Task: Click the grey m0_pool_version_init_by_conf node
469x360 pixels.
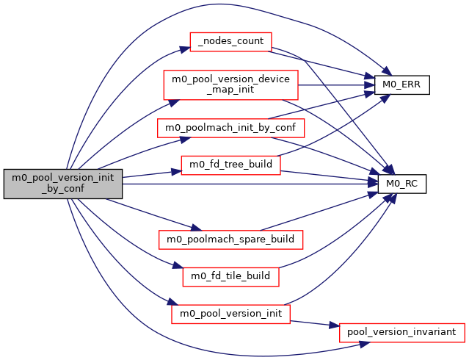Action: (x=62, y=183)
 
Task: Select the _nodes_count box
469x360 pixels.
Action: (x=230, y=42)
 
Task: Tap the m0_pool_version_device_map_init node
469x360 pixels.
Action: (x=230, y=84)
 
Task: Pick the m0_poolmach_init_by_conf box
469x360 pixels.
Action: (x=230, y=127)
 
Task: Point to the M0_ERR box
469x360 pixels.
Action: (x=401, y=84)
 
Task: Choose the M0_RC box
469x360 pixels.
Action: (x=401, y=184)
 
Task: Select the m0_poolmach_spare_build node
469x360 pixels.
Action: (x=230, y=240)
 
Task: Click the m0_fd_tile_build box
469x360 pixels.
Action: (x=230, y=276)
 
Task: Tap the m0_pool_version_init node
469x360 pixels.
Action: (x=230, y=314)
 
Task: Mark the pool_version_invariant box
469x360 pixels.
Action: (x=401, y=332)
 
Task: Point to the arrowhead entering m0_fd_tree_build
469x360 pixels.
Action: (x=177, y=171)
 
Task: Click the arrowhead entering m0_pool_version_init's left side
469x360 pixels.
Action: (x=174, y=303)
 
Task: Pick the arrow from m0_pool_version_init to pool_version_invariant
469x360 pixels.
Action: (x=316, y=323)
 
